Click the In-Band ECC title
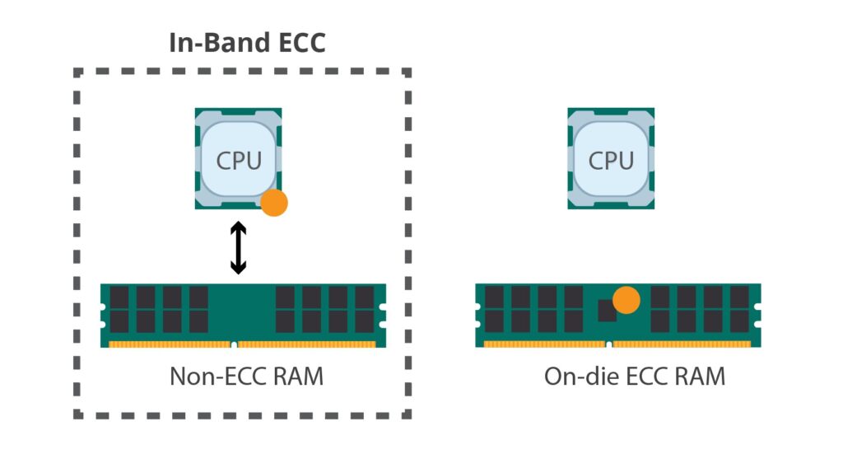click(247, 42)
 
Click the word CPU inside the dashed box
click(239, 160)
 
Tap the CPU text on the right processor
click(612, 160)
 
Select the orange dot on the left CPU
click(273, 203)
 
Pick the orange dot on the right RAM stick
click(627, 300)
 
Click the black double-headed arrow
click(238, 247)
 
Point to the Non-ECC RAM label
click(246, 377)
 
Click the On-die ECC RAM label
click(634, 377)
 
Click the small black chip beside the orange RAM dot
click(607, 310)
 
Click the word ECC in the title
click(296, 42)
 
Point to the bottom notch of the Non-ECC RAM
click(234, 344)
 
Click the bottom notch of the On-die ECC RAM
click(608, 344)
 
